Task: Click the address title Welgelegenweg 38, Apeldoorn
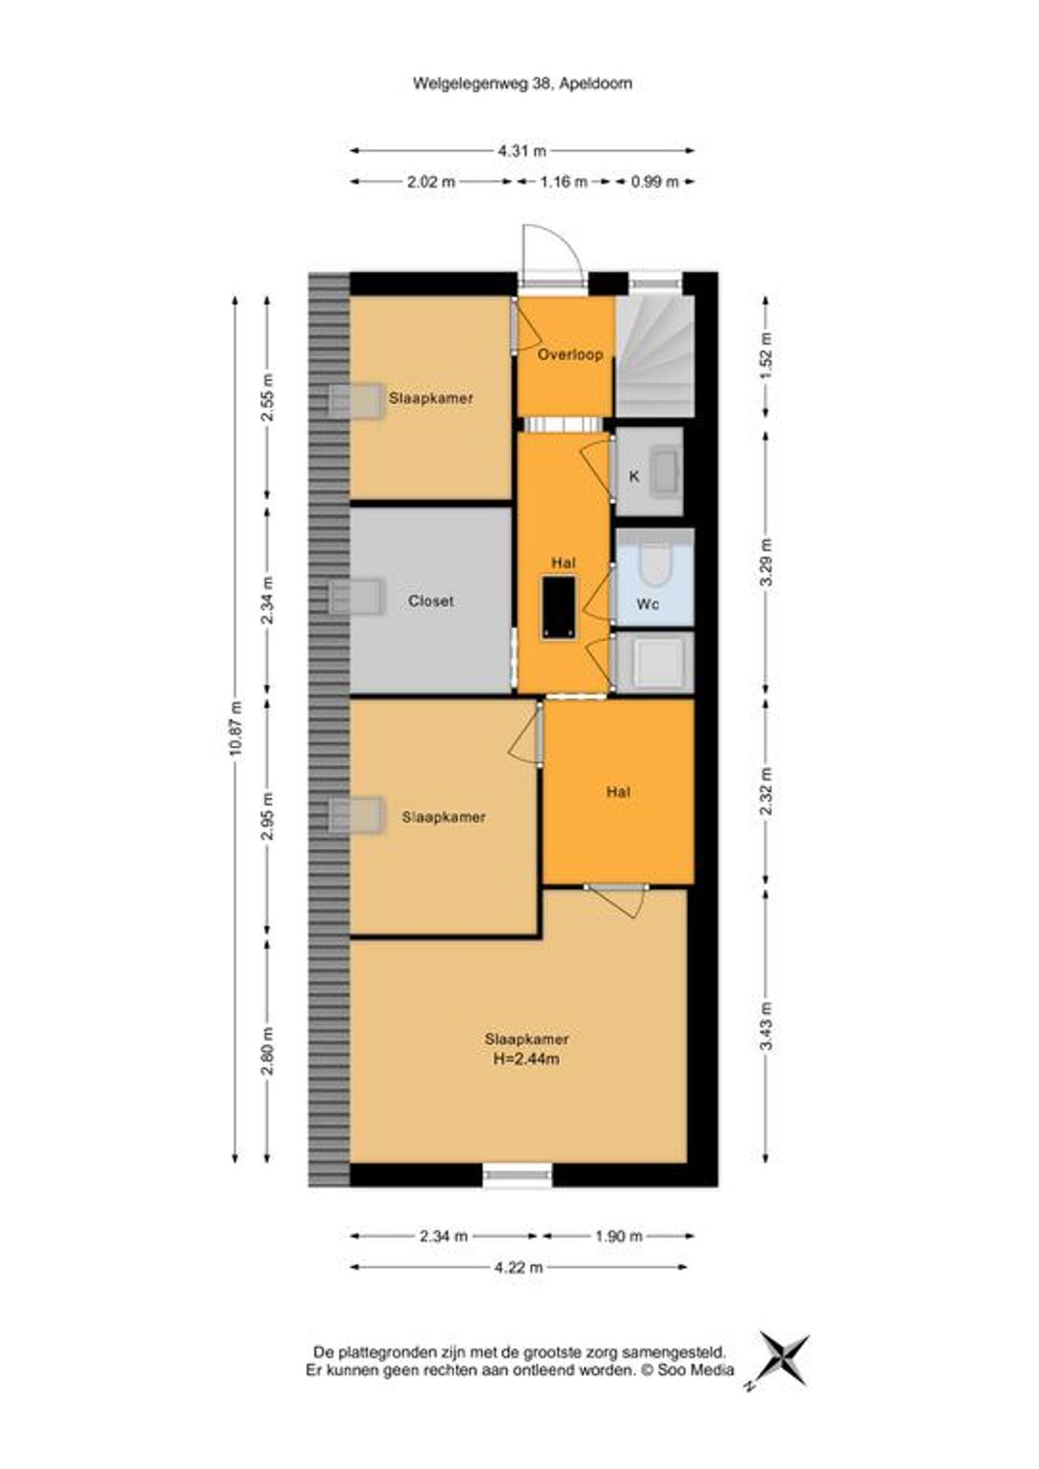pos(521,84)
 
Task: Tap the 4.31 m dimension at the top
pos(521,151)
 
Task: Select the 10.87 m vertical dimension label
pos(236,728)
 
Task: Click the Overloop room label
pos(570,355)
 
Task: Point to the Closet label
pos(431,601)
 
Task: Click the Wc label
pos(647,604)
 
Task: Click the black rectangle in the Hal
pos(559,608)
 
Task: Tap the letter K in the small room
pos(634,477)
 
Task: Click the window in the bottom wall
pos(518,1175)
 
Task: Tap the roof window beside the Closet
pos(356,596)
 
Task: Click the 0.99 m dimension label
pos(654,182)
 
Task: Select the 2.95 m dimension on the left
pos(266,816)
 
